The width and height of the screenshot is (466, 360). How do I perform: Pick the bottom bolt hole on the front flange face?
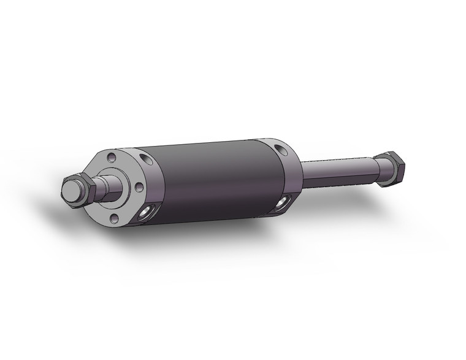(x=114, y=217)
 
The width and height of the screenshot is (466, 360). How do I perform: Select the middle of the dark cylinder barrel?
(x=215, y=181)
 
